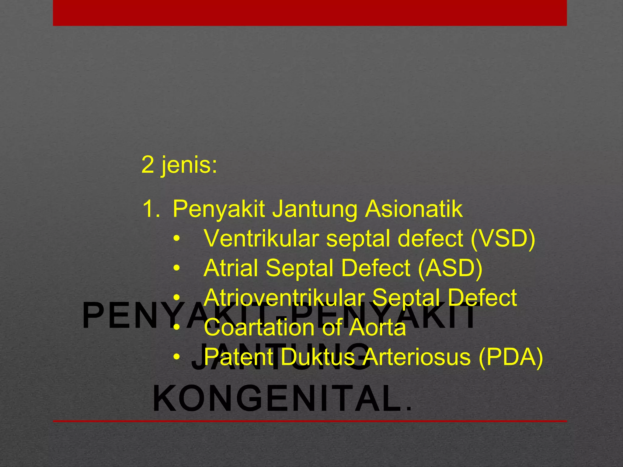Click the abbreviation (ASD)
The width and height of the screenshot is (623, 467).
point(450,268)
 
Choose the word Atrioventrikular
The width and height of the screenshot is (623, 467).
point(284,298)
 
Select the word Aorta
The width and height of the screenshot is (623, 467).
point(377,327)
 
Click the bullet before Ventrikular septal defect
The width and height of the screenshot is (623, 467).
point(177,239)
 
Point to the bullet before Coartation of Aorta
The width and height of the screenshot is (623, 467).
point(177,328)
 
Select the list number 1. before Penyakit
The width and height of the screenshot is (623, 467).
point(151,209)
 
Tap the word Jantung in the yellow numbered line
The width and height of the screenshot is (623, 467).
point(315,210)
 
